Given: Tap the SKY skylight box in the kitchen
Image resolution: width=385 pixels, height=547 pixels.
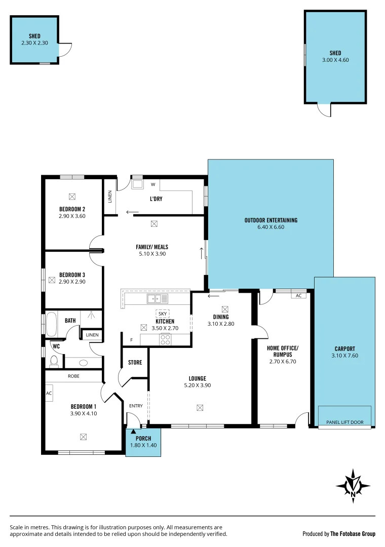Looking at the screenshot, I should pyautogui.click(x=163, y=314).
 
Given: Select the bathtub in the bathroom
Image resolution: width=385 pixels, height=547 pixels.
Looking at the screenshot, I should pyautogui.click(x=52, y=325).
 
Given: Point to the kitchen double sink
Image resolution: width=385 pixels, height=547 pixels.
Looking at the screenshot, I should pyautogui.click(x=154, y=298).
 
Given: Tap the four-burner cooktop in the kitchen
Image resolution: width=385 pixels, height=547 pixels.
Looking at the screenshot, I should pyautogui.click(x=165, y=339).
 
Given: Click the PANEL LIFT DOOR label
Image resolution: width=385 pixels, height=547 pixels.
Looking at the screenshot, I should pyautogui.click(x=344, y=422).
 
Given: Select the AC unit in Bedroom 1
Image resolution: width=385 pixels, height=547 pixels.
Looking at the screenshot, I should pyautogui.click(x=49, y=393).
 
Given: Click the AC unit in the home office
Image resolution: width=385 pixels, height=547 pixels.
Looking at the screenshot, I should pyautogui.click(x=298, y=295).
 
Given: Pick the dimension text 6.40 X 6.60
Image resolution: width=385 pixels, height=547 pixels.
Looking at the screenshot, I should pyautogui.click(x=271, y=228).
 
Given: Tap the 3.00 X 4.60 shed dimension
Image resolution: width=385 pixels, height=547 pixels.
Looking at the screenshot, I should pyautogui.click(x=335, y=60).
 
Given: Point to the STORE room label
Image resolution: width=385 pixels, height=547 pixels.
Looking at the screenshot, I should pyautogui.click(x=135, y=363).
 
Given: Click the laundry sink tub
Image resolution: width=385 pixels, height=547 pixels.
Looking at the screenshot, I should pyautogui.click(x=137, y=184).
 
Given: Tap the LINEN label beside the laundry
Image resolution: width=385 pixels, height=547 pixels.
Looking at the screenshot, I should pyautogui.click(x=110, y=197).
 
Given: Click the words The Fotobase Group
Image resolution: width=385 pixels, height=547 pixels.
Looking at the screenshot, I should pyautogui.click(x=353, y=534).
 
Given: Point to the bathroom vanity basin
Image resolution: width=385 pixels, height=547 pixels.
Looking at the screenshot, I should pyautogui.click(x=84, y=363).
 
